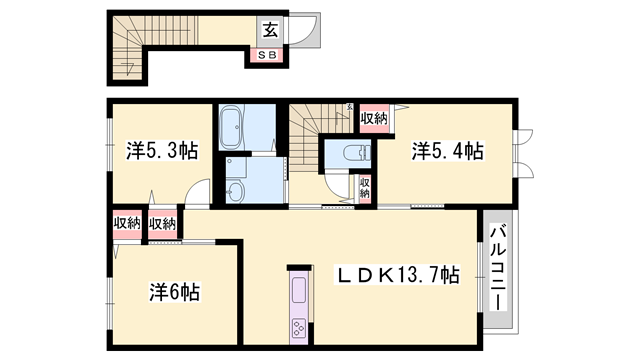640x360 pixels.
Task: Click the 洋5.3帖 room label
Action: [x=162, y=151]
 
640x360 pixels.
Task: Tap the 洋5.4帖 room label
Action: [x=447, y=151]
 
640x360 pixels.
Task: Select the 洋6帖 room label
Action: [x=174, y=292]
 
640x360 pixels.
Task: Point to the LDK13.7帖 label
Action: [x=397, y=274]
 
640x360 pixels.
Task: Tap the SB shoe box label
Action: [x=267, y=55]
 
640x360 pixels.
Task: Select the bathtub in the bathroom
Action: [x=231, y=127]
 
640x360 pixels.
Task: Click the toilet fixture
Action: [x=356, y=153]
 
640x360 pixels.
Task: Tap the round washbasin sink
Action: [x=234, y=192]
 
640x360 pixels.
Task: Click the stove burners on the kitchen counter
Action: [x=299, y=327]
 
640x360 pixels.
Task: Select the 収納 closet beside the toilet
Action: [x=364, y=188]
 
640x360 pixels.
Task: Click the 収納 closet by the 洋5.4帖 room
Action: [x=374, y=118]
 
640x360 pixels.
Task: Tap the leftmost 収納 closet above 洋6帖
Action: [x=127, y=224]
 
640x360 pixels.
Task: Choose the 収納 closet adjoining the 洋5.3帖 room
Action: [x=162, y=224]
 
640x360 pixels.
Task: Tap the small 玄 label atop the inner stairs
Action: [x=349, y=107]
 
